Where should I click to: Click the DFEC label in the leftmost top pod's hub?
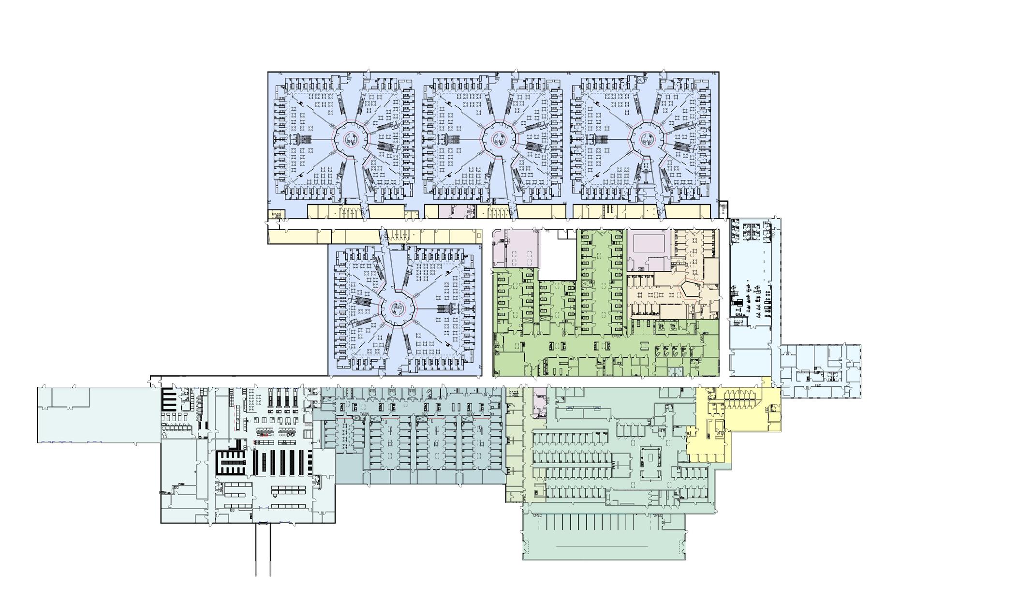click(x=351, y=141)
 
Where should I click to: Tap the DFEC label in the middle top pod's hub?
click(x=499, y=141)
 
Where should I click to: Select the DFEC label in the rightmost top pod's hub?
click(x=647, y=141)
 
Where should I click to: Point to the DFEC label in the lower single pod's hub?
click(x=398, y=307)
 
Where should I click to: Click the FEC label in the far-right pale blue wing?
click(x=818, y=386)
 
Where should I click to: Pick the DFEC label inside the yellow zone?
click(x=720, y=433)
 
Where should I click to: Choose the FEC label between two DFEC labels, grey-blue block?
click(x=425, y=414)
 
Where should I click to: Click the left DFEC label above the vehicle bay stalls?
click(x=537, y=515)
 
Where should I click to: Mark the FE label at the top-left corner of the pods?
click(x=280, y=74)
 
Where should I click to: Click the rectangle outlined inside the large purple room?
click(x=648, y=241)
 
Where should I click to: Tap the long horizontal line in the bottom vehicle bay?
click(x=602, y=546)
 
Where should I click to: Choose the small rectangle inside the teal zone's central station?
click(x=650, y=457)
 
